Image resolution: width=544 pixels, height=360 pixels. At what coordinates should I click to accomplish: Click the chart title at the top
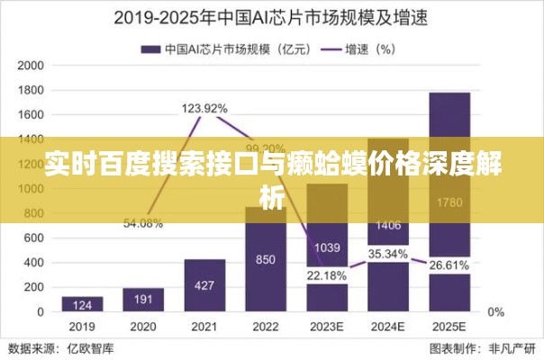271,17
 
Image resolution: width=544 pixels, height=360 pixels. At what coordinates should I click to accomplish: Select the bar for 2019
82,303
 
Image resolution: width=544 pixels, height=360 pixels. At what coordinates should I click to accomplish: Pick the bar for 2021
204,284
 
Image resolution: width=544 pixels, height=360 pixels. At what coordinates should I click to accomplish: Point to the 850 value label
265,260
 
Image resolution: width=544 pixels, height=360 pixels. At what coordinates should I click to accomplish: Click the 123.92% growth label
204,108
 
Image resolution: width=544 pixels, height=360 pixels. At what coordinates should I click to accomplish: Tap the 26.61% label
449,265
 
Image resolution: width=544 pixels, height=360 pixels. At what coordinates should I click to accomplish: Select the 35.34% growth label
388,254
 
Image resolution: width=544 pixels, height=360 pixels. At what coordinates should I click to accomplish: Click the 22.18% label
326,274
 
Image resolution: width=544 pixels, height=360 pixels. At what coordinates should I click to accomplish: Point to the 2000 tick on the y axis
31,66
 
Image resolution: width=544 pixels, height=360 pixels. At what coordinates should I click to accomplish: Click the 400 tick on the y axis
34,262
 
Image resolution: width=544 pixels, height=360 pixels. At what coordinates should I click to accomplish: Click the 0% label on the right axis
495,311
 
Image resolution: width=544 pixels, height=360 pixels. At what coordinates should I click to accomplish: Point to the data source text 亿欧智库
82,348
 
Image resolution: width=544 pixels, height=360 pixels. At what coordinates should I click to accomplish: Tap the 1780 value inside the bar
449,203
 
